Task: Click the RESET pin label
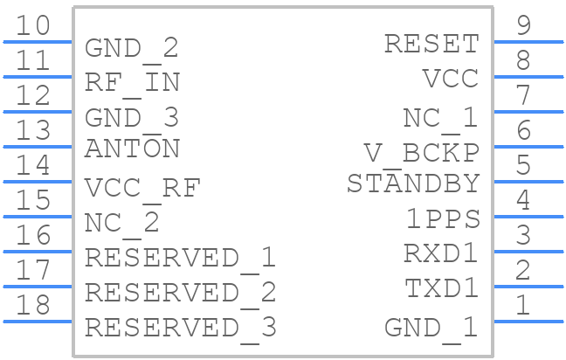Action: pyautogui.click(x=431, y=44)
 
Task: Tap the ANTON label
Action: pyautogui.click(x=132, y=149)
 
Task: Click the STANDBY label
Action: pyautogui.click(x=413, y=183)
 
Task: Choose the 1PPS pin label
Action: pyautogui.click(x=443, y=218)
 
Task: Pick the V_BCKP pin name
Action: pyautogui.click(x=422, y=155)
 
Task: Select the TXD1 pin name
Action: pyautogui.click(x=441, y=288)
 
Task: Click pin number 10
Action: pyautogui.click(x=33, y=25)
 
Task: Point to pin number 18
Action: pyautogui.click(x=33, y=305)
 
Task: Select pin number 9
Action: pyautogui.click(x=524, y=25)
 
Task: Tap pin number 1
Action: pyautogui.click(x=522, y=305)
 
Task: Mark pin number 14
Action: pyautogui.click(x=33, y=165)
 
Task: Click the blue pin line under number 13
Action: pyautogui.click(x=38, y=147)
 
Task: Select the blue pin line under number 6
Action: pyautogui.click(x=528, y=147)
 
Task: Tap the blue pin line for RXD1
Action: pyautogui.click(x=528, y=252)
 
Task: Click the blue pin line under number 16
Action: pyautogui.click(x=38, y=252)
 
